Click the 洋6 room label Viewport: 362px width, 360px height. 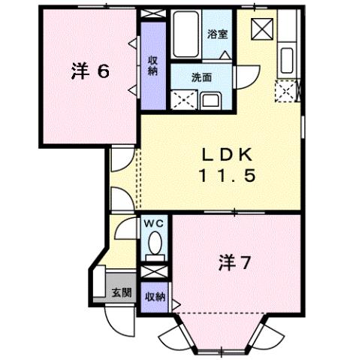[x=91, y=71]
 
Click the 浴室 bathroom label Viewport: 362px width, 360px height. [x=218, y=35]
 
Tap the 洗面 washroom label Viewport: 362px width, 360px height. [x=201, y=77]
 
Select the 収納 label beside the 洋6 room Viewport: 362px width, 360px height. [x=152, y=65]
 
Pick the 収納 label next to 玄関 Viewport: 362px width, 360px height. [x=155, y=296]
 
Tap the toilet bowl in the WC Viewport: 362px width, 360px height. [x=154, y=244]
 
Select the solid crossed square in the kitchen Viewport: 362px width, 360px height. [x=263, y=30]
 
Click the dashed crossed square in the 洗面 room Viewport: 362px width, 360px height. [x=182, y=98]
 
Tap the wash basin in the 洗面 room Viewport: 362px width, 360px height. [x=210, y=99]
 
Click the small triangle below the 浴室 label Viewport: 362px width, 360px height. [x=225, y=54]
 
